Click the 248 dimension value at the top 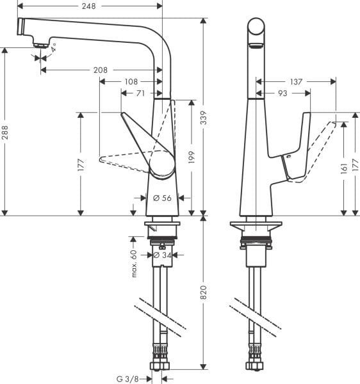click(x=89, y=6)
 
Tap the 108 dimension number click(x=132, y=81)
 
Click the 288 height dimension click(x=6, y=131)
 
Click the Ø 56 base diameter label click(x=163, y=198)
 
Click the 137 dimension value click(x=295, y=81)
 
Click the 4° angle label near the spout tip click(x=54, y=47)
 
